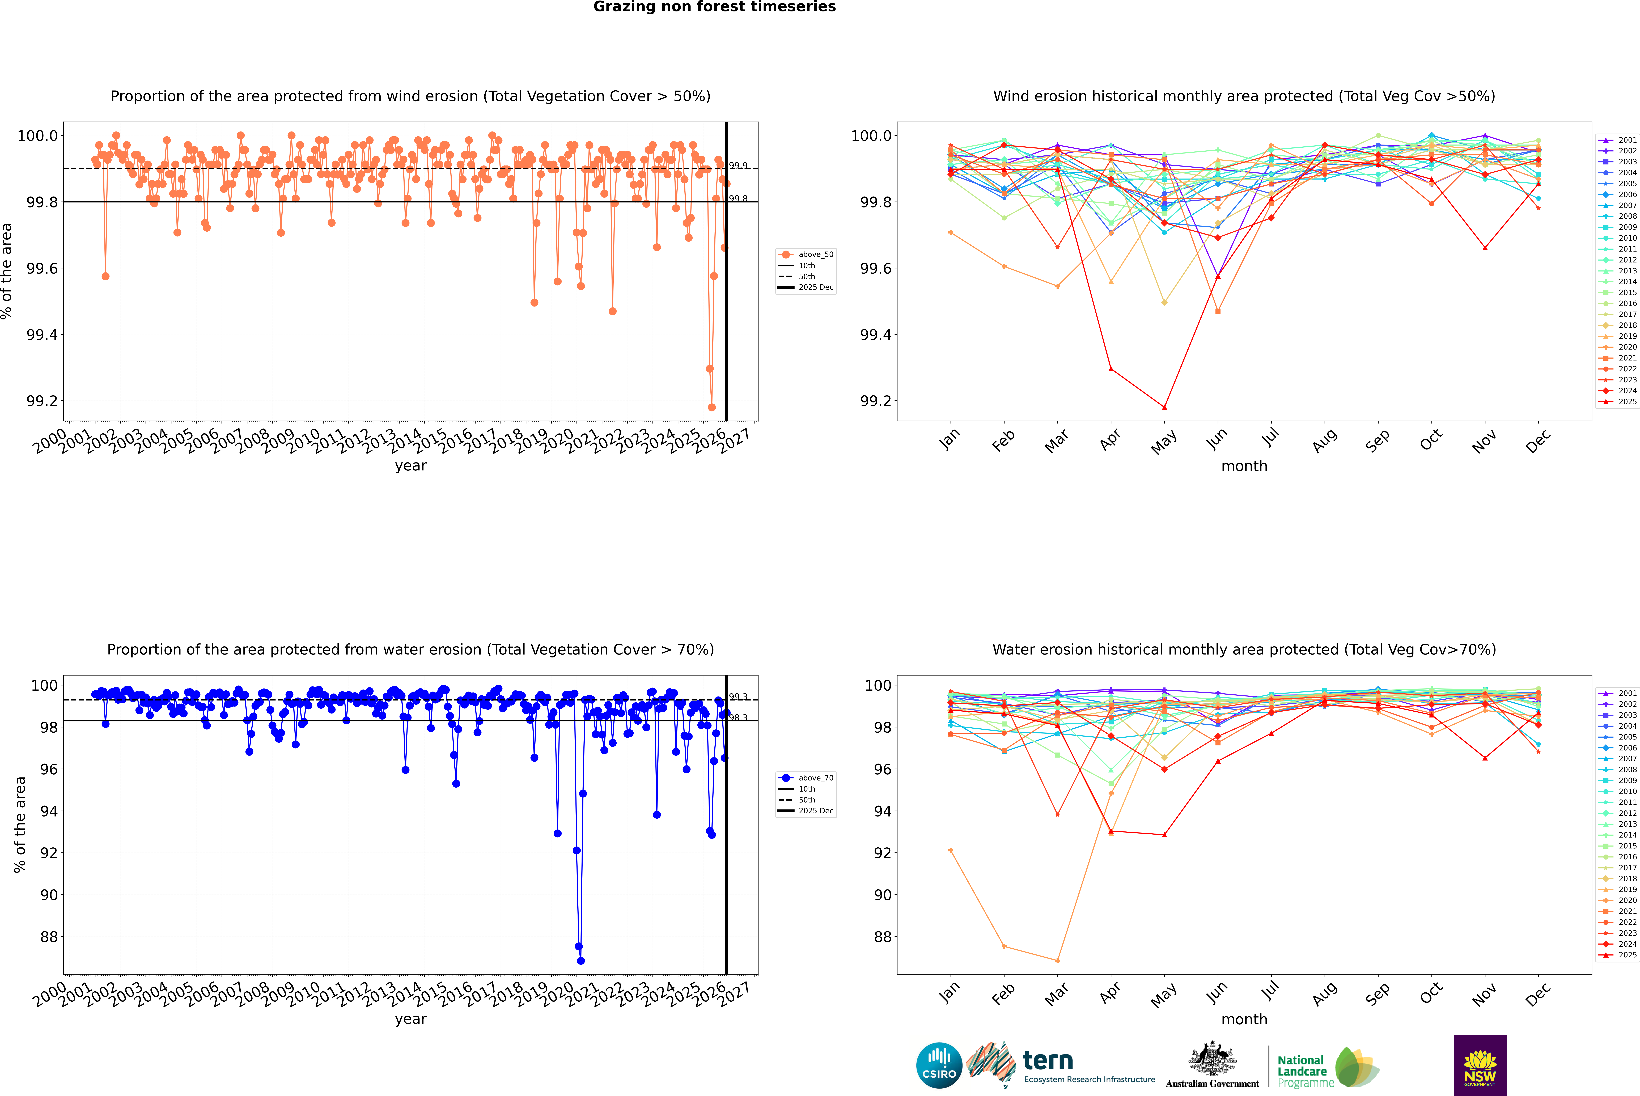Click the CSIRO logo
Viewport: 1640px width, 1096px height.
pyautogui.click(x=939, y=1065)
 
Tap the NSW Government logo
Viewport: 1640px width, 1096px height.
pyautogui.click(x=1480, y=1065)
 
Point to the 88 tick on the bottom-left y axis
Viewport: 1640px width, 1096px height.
pyautogui.click(x=49, y=937)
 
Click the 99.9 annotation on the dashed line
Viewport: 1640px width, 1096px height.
pyautogui.click(x=738, y=166)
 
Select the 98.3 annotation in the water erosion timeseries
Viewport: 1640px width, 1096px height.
pyautogui.click(x=738, y=718)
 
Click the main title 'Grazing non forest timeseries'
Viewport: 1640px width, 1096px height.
pyautogui.click(x=714, y=7)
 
